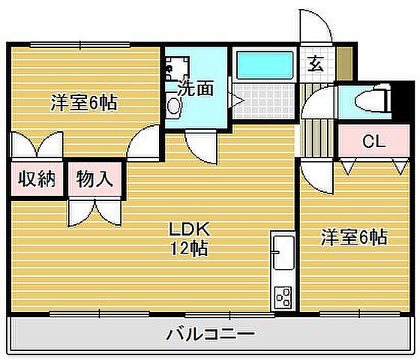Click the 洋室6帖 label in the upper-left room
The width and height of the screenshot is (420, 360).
(x=83, y=102)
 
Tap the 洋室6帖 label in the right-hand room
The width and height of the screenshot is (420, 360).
(x=353, y=238)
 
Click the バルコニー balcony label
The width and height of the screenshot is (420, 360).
(x=209, y=332)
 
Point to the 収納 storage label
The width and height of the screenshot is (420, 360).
(x=37, y=180)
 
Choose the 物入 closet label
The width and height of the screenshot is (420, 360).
(x=94, y=180)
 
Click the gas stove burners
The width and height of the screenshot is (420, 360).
(x=283, y=297)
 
